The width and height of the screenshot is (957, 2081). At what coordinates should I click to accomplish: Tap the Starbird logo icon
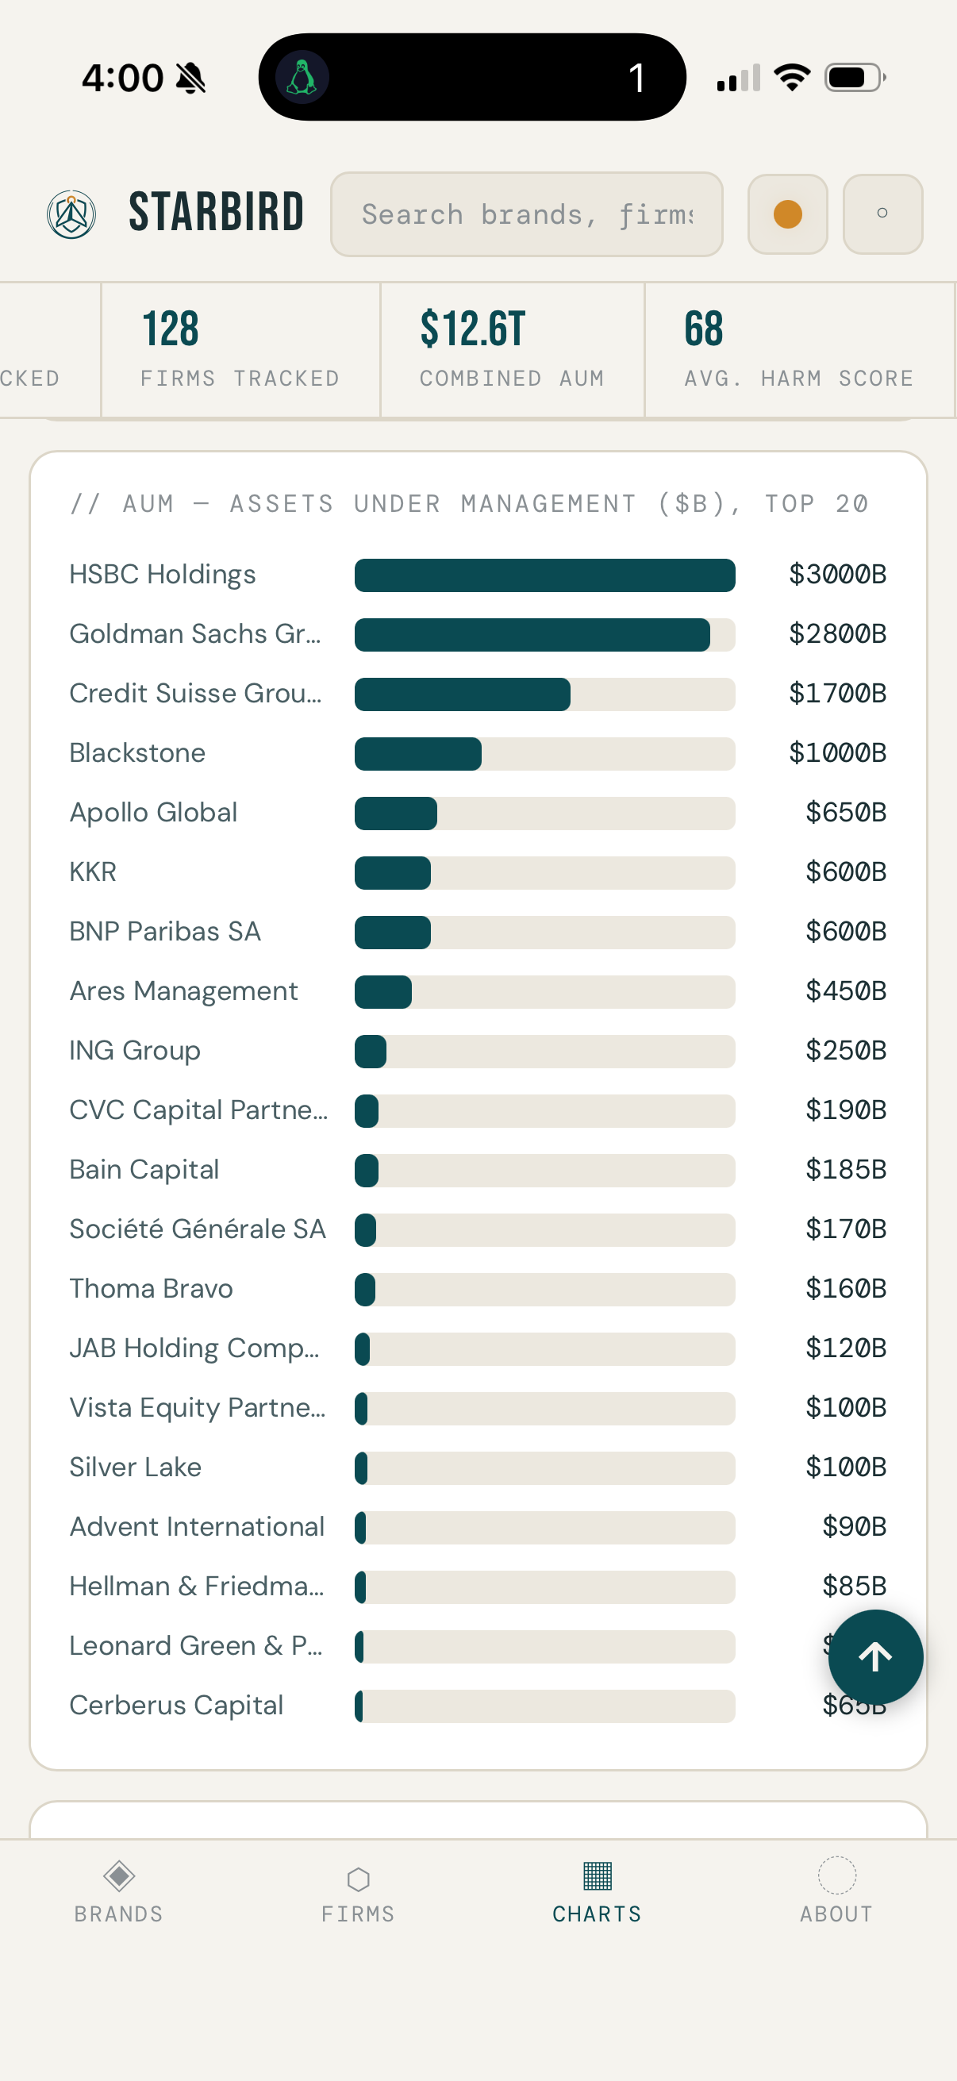click(x=72, y=214)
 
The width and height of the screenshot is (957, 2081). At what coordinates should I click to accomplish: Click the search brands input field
click(x=527, y=214)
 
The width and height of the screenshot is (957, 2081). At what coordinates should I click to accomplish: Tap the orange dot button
click(x=787, y=214)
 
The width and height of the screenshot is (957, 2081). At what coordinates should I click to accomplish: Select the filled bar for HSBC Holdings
click(x=544, y=575)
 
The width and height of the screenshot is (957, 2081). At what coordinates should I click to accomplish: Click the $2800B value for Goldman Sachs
click(x=837, y=634)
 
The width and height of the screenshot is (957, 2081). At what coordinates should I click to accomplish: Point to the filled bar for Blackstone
click(x=417, y=754)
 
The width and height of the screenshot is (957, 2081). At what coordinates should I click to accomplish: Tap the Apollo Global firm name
click(x=153, y=813)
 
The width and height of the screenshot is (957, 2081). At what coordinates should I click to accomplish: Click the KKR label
click(x=93, y=872)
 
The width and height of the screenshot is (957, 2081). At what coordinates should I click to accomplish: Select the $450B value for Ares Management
click(x=846, y=991)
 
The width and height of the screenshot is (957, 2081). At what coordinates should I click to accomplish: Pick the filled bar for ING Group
click(x=371, y=1051)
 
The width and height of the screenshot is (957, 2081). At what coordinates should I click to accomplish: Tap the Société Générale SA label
click(x=198, y=1229)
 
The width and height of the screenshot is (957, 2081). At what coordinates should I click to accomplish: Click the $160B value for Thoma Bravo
click(x=846, y=1288)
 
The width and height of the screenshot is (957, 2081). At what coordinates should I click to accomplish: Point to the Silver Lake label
click(x=136, y=1467)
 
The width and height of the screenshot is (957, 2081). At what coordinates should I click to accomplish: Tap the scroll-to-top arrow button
click(x=875, y=1657)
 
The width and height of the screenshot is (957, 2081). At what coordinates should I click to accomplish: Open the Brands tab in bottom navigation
click(x=119, y=1891)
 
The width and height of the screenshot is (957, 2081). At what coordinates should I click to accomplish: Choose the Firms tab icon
click(x=358, y=1879)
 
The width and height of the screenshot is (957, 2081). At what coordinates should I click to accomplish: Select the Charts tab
click(x=597, y=1891)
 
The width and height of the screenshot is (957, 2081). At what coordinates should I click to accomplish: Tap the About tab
click(x=836, y=1891)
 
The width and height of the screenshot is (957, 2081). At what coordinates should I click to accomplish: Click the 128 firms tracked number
click(x=171, y=329)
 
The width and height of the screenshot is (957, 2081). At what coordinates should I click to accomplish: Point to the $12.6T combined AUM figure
click(x=472, y=329)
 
